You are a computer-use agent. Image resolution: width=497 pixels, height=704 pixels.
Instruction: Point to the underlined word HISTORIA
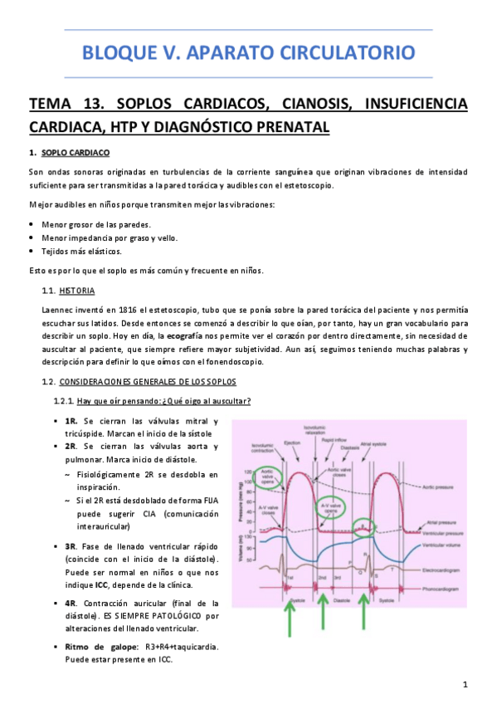point(77,291)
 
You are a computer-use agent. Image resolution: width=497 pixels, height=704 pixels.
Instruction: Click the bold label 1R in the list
point(71,422)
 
